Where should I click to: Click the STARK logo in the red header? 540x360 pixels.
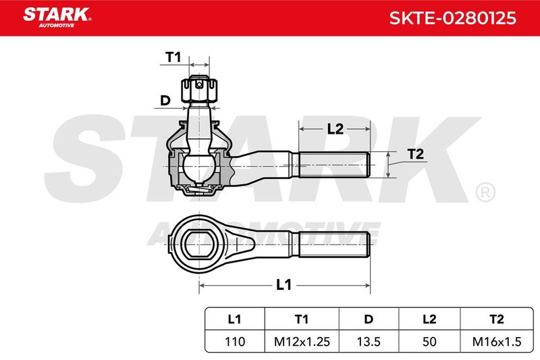[x=57, y=18]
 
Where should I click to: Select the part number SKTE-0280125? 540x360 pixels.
[x=452, y=18]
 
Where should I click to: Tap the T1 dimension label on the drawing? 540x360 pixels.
[x=173, y=57]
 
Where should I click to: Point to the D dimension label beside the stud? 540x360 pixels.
[x=165, y=100]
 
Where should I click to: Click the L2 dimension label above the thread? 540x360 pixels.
[x=335, y=129]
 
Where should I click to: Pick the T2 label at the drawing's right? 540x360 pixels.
[x=415, y=154]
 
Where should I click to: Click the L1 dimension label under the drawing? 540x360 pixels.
[x=283, y=285]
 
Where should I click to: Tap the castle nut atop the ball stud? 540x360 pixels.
[x=199, y=90]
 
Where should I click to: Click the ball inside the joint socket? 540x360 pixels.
[x=198, y=168]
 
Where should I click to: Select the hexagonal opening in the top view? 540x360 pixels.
[x=199, y=245]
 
